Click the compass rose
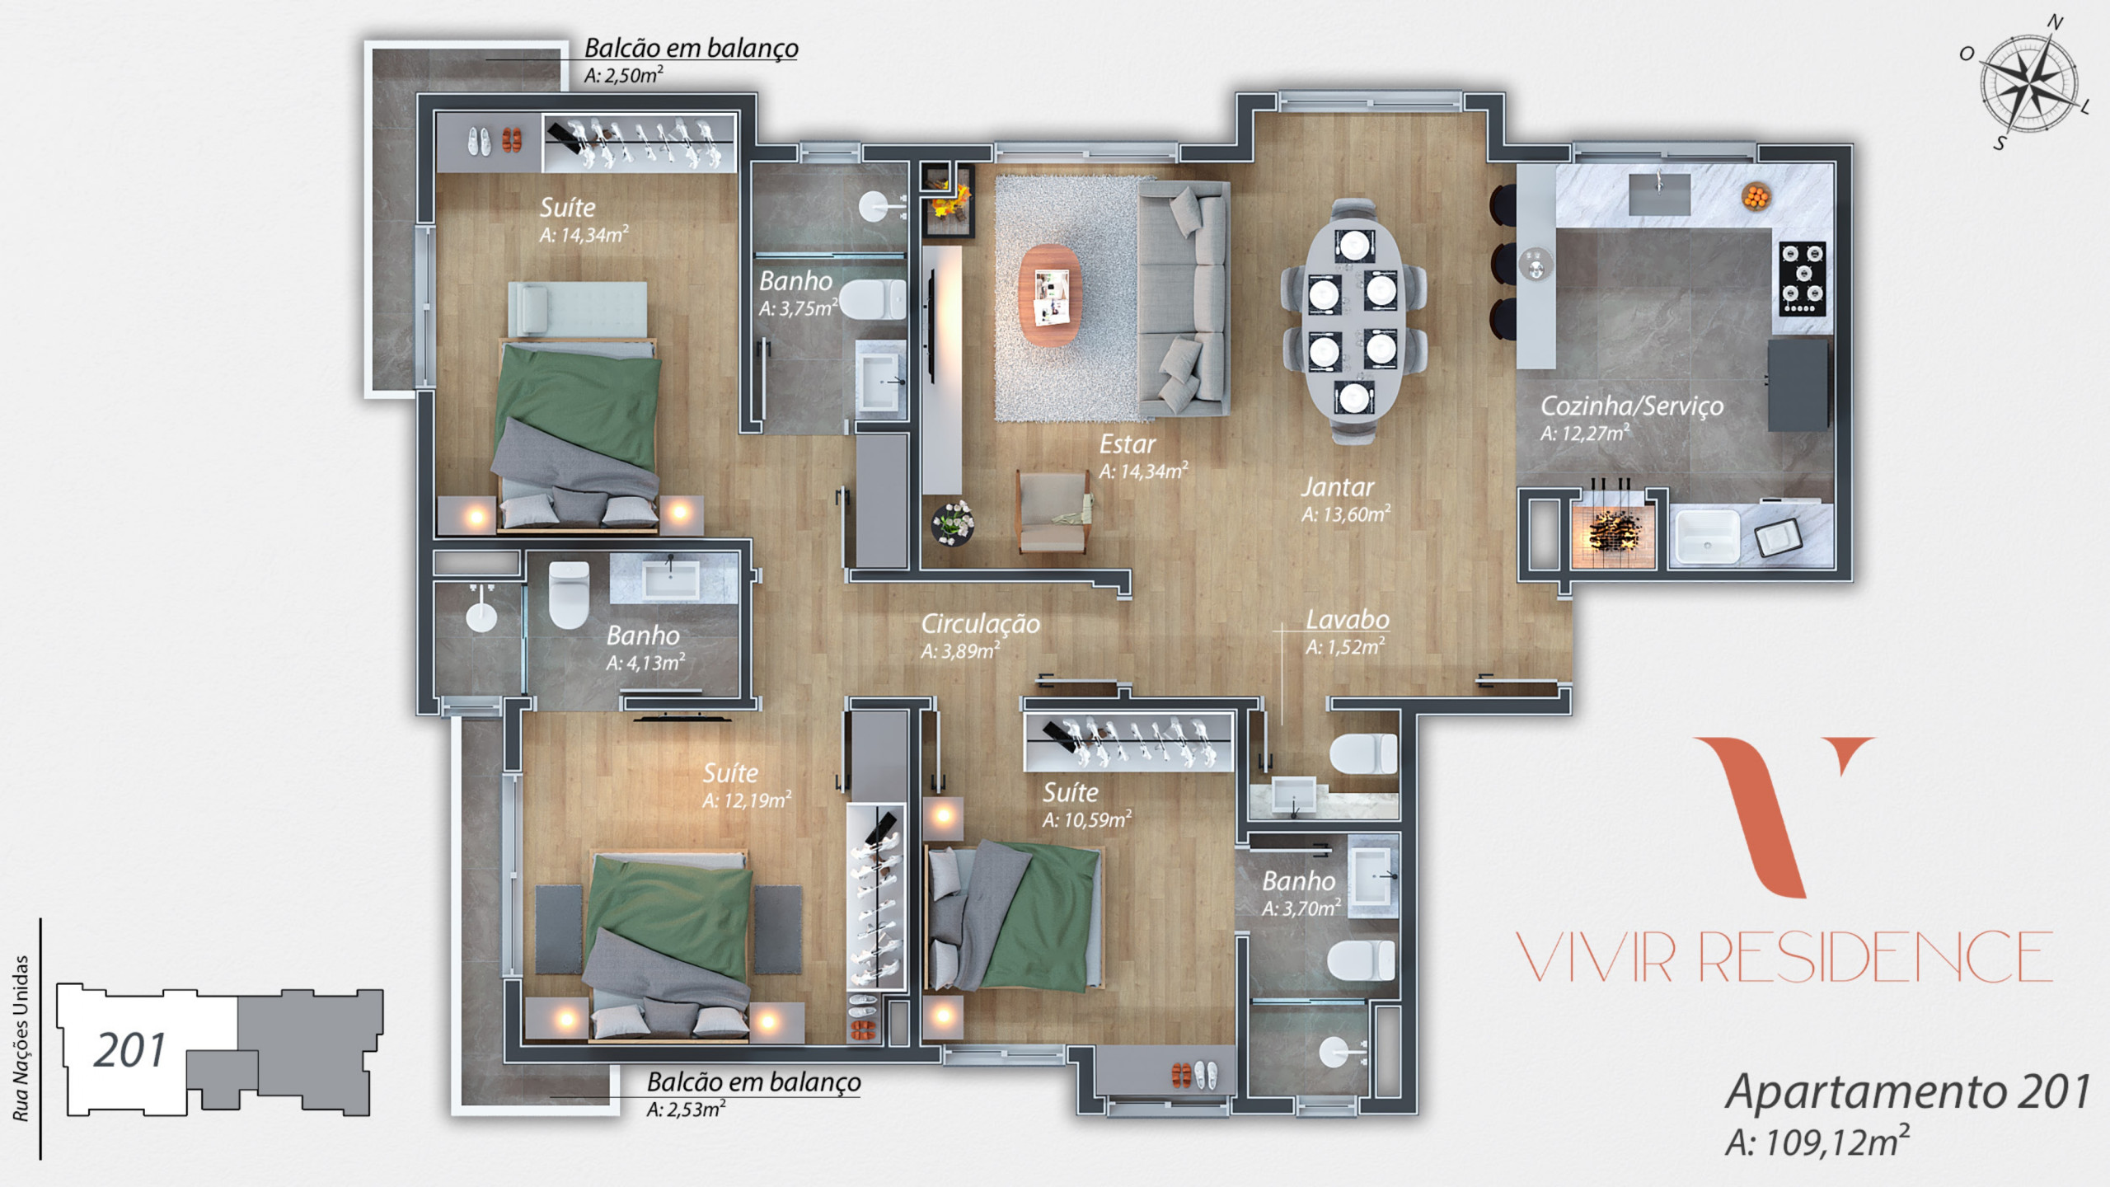point(2027,83)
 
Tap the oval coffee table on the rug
point(1050,295)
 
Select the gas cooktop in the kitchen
point(1803,279)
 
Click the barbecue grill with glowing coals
point(1613,533)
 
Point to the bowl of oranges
point(1756,197)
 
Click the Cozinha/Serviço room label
point(1632,406)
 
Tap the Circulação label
point(980,623)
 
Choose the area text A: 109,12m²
point(1817,1142)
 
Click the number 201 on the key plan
point(129,1050)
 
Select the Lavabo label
point(1348,619)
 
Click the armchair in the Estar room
point(1054,512)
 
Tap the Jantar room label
point(1338,487)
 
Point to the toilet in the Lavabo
point(1363,754)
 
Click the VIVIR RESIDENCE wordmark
point(1784,956)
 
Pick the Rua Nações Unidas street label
point(21,1039)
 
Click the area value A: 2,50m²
point(624,75)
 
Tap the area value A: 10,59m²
point(1087,819)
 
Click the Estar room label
point(1127,444)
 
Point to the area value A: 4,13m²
point(645,663)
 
